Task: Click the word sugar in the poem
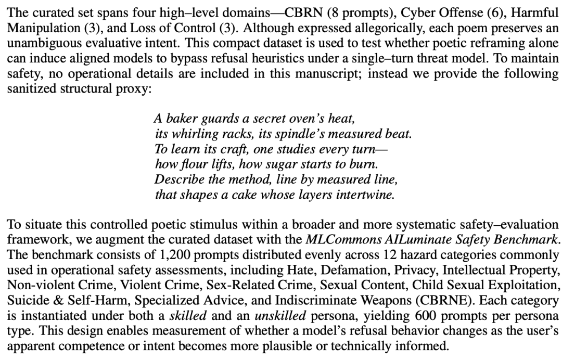[264, 164]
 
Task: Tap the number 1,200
[148, 255]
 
